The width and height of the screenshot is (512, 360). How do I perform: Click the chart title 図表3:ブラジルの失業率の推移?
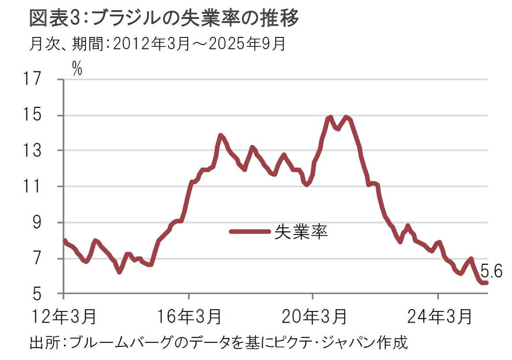[x=164, y=19]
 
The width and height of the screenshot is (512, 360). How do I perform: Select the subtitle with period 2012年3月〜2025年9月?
[x=158, y=44]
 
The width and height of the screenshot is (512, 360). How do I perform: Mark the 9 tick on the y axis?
[x=43, y=223]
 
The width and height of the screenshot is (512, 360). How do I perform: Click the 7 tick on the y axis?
[x=43, y=258]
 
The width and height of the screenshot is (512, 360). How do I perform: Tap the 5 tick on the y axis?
[x=43, y=294]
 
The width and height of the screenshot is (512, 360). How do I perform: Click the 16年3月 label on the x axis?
[x=189, y=317]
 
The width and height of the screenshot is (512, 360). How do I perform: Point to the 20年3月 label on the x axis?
[x=313, y=317]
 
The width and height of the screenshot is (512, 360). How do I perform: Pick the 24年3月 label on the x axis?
[x=438, y=317]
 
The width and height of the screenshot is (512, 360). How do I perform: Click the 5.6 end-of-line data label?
[x=491, y=272]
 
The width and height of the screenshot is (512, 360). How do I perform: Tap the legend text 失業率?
[x=301, y=231]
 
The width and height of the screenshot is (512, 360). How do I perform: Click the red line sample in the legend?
[x=249, y=231]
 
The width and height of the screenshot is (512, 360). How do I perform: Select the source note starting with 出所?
[x=219, y=342]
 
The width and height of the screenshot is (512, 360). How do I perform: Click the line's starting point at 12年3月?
[x=65, y=241]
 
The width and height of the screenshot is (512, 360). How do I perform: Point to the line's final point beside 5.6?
[x=486, y=282]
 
